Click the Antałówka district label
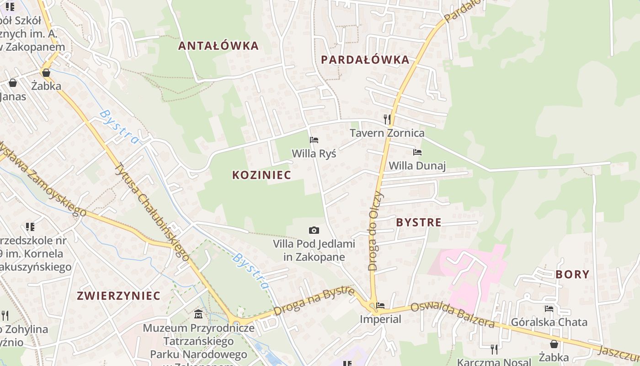click(x=218, y=46)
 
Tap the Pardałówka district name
click(x=365, y=60)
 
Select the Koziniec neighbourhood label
click(x=261, y=175)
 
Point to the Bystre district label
click(x=419, y=223)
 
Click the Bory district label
click(x=572, y=274)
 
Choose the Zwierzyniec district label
click(x=119, y=296)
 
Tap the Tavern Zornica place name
click(x=387, y=133)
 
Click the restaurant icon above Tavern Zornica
click(x=387, y=119)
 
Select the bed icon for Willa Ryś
click(x=314, y=140)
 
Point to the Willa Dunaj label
click(x=417, y=166)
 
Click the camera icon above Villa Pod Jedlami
click(x=314, y=230)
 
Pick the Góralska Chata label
click(x=549, y=322)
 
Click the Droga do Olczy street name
click(x=376, y=231)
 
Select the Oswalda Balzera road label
click(x=452, y=315)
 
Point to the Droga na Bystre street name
click(x=314, y=301)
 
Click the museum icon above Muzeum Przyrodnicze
click(x=198, y=314)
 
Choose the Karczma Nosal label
click(x=494, y=362)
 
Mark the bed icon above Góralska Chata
click(x=549, y=309)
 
